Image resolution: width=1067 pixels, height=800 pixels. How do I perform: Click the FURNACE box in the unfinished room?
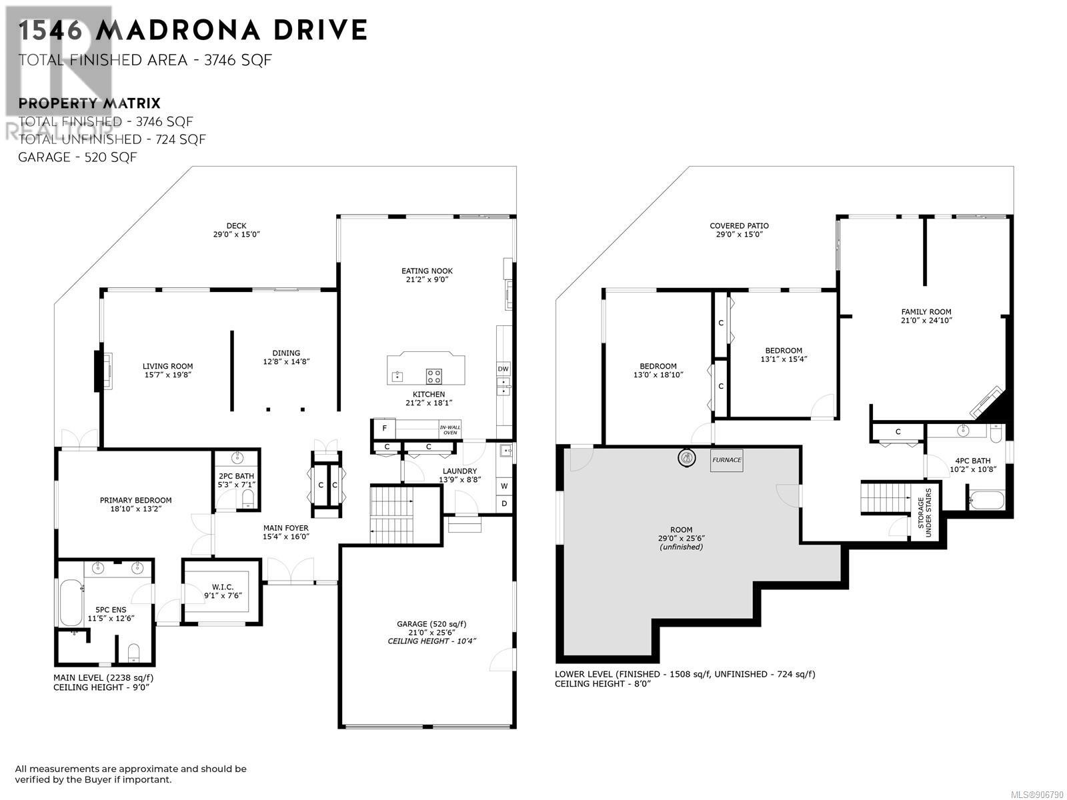click(x=726, y=460)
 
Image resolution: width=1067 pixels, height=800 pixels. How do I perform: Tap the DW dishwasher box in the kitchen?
click(x=503, y=369)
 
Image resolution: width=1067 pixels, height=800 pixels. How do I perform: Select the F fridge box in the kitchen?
click(x=383, y=429)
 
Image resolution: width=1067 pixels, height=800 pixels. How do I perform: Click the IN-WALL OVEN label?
click(x=449, y=430)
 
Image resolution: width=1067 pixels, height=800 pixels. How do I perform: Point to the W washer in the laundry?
click(x=504, y=486)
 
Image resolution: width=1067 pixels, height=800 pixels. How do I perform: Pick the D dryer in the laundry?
click(x=504, y=504)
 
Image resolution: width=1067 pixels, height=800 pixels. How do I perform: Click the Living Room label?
click(x=167, y=366)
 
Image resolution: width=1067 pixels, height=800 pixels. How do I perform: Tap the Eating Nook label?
click(x=427, y=271)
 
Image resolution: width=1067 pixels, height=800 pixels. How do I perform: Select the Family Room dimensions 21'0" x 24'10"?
click(x=926, y=321)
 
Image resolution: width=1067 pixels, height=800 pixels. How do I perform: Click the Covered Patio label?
click(x=739, y=226)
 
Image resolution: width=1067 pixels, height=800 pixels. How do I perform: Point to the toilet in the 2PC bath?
click(x=248, y=499)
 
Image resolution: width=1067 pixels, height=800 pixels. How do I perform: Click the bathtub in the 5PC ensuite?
click(x=71, y=603)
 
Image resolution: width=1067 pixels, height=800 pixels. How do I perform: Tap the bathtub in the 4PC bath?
click(x=986, y=501)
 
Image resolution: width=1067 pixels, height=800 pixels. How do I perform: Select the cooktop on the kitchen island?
click(x=433, y=376)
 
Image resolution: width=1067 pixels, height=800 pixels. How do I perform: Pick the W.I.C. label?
click(x=223, y=587)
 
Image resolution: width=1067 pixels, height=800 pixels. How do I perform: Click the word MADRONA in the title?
click(x=178, y=30)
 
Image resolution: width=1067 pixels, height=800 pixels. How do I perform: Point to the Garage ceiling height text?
click(x=431, y=641)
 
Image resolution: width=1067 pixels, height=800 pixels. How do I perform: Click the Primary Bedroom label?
click(x=135, y=500)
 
